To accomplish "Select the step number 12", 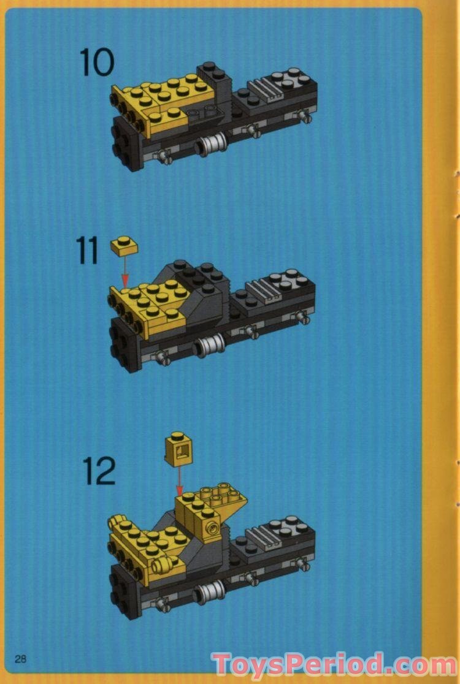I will (99, 471).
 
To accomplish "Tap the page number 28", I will (21, 659).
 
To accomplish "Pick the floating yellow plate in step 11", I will (124, 246).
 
